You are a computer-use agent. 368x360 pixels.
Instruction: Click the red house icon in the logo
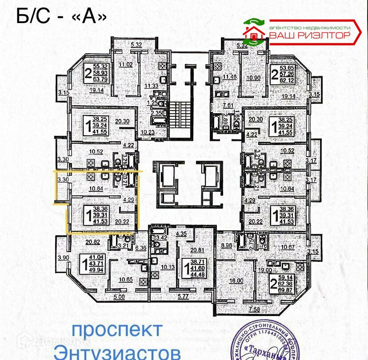point(253,32)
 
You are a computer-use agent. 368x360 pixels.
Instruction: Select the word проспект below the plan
point(117,330)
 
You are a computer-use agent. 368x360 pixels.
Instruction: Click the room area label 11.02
point(125,64)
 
